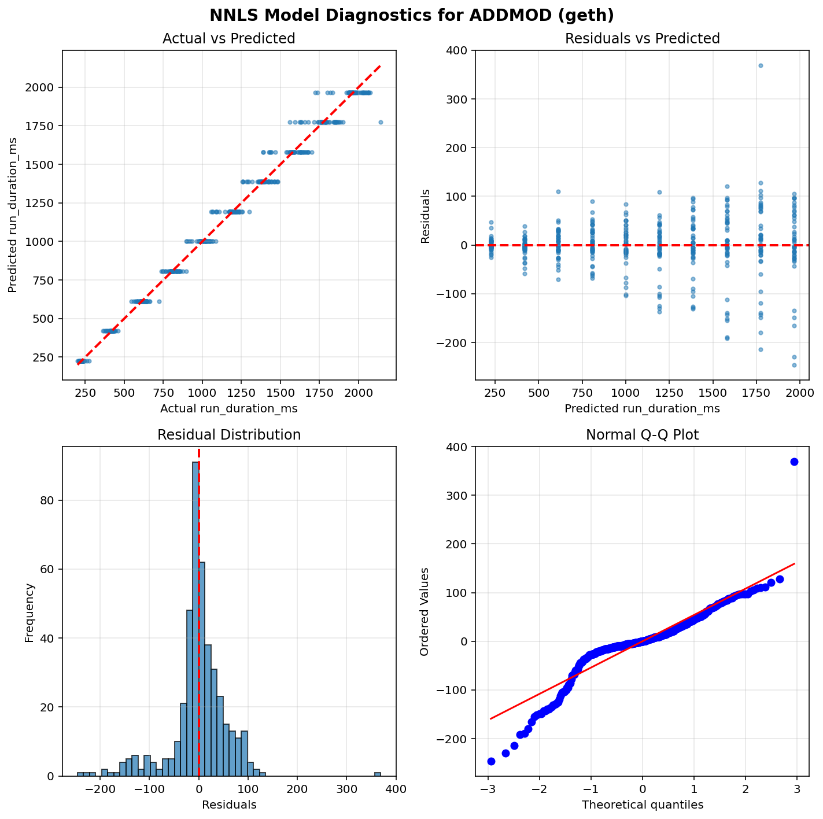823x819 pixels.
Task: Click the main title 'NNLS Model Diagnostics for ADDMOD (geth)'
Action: (x=411, y=15)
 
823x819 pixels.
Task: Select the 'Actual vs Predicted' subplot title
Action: (x=229, y=39)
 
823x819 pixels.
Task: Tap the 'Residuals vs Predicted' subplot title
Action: (x=642, y=39)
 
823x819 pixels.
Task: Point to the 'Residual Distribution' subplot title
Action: (x=229, y=435)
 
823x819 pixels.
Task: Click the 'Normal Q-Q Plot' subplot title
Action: (x=642, y=435)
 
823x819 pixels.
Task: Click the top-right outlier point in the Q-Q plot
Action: (x=794, y=462)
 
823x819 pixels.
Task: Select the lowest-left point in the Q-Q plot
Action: (x=491, y=761)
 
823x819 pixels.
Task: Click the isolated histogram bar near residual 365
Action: (x=378, y=774)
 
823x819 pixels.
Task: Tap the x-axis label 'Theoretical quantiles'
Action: (x=642, y=805)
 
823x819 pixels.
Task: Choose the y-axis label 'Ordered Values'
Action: (x=425, y=611)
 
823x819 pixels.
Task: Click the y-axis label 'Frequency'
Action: (x=29, y=612)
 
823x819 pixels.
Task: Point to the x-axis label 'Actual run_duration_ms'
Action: (x=229, y=408)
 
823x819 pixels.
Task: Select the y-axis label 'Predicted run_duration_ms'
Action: (x=13, y=215)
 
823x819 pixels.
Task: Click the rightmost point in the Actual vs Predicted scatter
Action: (x=381, y=122)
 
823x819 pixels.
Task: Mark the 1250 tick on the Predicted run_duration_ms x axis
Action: (x=669, y=393)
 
